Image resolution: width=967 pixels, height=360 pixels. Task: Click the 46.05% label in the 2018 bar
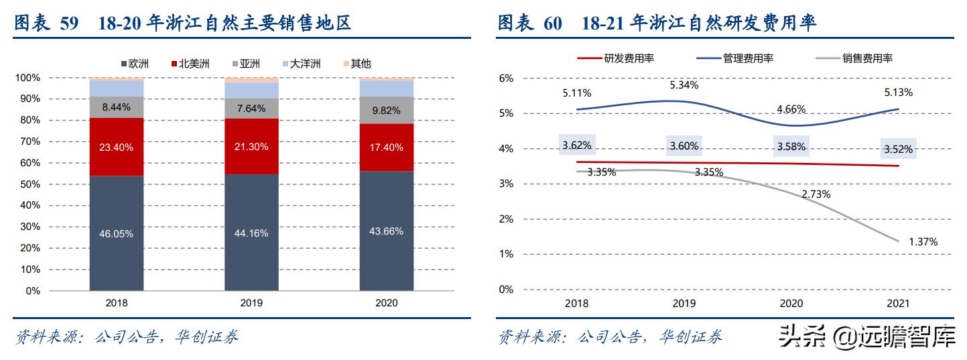117,234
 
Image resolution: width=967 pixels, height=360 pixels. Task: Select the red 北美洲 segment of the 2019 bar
252,147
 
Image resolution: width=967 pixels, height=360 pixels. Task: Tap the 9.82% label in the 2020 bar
387,111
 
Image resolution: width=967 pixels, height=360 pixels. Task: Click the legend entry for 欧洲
135,64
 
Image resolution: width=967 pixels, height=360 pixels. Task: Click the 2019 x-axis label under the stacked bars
252,303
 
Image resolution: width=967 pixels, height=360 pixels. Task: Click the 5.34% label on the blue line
684,85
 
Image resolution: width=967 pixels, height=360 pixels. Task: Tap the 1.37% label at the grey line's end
923,241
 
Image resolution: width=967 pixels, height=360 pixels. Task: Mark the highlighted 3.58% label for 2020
791,147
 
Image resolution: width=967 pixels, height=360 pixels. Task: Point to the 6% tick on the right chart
506,78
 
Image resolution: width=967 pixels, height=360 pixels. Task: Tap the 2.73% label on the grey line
816,194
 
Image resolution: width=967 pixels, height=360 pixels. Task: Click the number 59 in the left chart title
69,24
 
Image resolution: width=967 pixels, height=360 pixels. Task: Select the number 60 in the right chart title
553,24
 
